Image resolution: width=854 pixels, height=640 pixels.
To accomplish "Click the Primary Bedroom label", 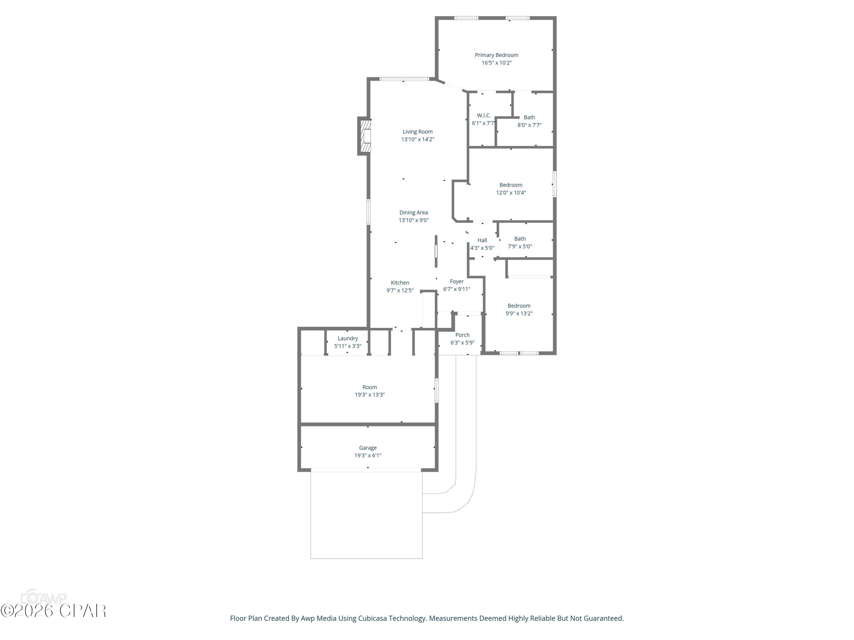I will (496, 55).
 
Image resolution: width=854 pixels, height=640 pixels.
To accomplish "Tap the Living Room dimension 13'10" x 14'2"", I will (417, 139).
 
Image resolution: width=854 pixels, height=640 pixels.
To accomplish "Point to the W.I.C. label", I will (483, 115).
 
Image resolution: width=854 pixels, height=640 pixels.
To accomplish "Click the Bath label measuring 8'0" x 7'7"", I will (529, 117).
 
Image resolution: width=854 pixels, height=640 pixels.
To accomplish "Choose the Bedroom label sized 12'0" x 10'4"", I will (510, 185).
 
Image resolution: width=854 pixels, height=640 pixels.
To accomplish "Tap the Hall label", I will (482, 240).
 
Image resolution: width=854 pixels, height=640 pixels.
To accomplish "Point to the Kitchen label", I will (400, 283).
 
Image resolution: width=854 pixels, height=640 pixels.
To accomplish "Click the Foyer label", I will (456, 282).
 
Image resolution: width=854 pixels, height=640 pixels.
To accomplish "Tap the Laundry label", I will (348, 338).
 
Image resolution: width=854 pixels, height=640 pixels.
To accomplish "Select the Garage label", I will (368, 448).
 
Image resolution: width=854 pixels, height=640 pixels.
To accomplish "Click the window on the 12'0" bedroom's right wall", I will (555, 184).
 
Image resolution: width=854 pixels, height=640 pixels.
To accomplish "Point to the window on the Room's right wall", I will (437, 390).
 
